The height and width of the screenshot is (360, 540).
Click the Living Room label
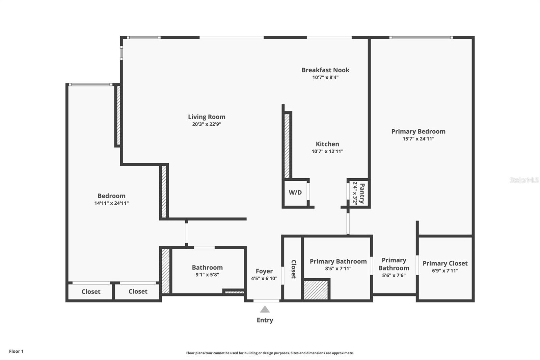pos(207,117)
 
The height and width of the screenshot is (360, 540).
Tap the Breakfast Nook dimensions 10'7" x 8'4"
pos(325,77)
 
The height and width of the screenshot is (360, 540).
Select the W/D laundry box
pos(295,192)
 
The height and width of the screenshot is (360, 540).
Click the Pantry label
pos(362,193)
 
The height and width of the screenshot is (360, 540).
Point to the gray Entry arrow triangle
pos(265,309)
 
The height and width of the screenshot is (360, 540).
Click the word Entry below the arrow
pos(265,320)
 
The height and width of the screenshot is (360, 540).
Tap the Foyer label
pos(264,271)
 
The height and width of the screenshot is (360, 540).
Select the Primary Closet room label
pos(445,263)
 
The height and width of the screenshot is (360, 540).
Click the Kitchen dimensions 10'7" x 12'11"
pos(327,151)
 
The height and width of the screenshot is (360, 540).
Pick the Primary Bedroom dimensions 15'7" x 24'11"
pos(418,139)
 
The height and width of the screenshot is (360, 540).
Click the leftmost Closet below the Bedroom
pos(91,291)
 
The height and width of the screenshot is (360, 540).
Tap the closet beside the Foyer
pos(293,269)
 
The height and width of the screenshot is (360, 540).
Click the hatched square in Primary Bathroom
pos(316,290)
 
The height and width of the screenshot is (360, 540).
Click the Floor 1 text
pos(16,351)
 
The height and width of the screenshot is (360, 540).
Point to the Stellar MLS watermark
pos(524,180)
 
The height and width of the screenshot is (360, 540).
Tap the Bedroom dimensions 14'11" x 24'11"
pos(111,203)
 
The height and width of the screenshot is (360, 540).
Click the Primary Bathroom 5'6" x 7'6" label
pos(394,267)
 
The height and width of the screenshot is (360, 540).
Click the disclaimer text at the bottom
pos(270,353)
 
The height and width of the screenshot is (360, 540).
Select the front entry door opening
pos(266,301)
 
